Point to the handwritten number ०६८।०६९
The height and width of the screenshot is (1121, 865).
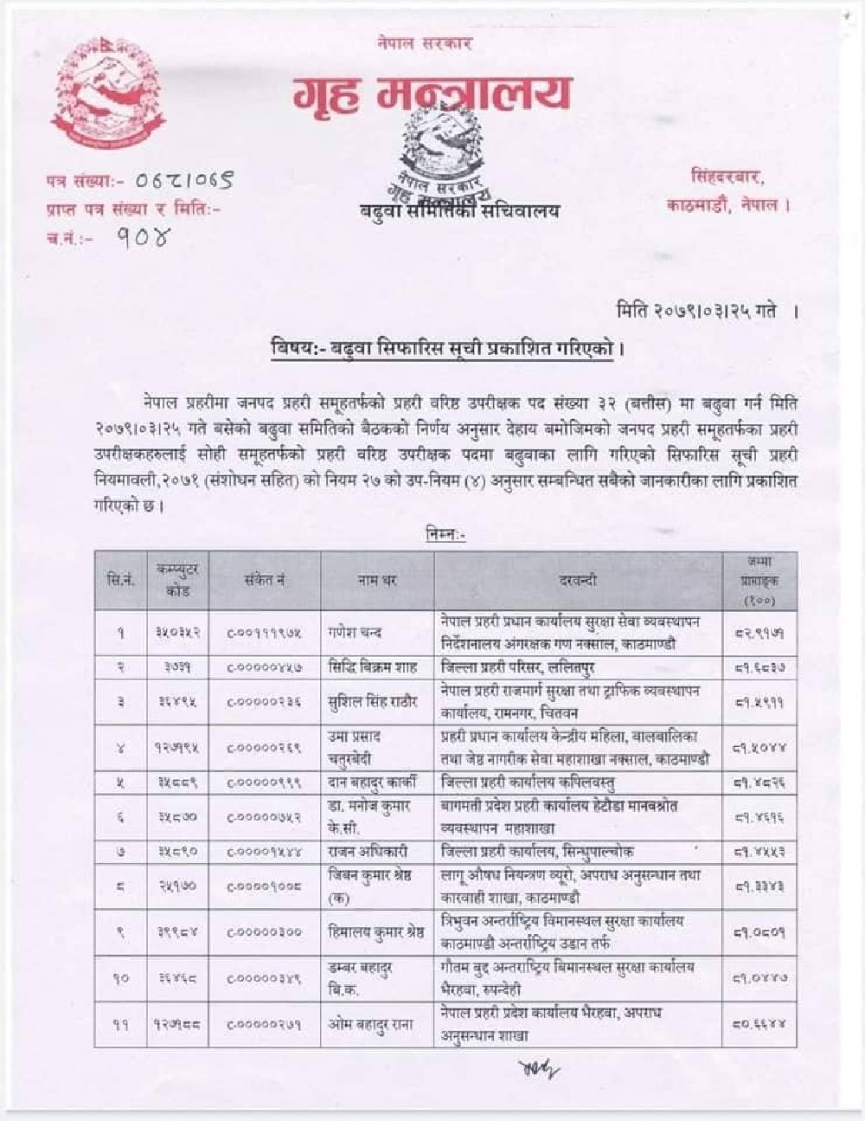point(183,182)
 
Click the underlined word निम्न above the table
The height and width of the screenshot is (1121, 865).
point(446,535)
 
